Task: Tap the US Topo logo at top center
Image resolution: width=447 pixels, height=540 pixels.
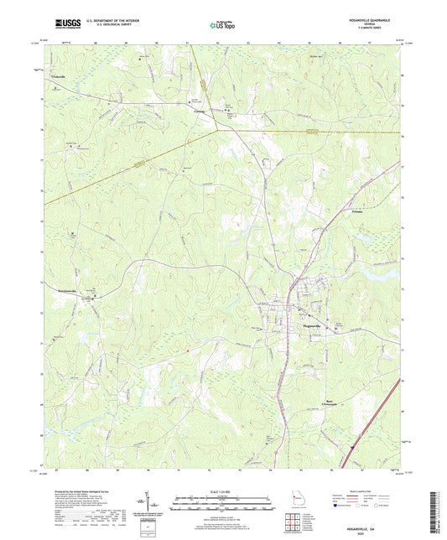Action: click(221, 25)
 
